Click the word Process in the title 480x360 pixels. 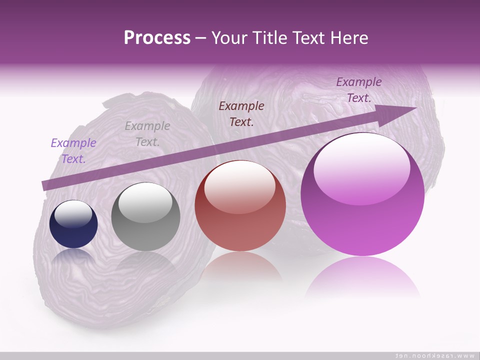pos(157,38)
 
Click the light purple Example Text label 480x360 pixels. pos(73,151)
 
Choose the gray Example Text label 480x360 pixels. pos(147,134)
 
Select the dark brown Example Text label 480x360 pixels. pos(241,113)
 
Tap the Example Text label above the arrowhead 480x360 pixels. pos(359,90)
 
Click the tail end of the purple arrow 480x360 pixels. pos(46,185)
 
